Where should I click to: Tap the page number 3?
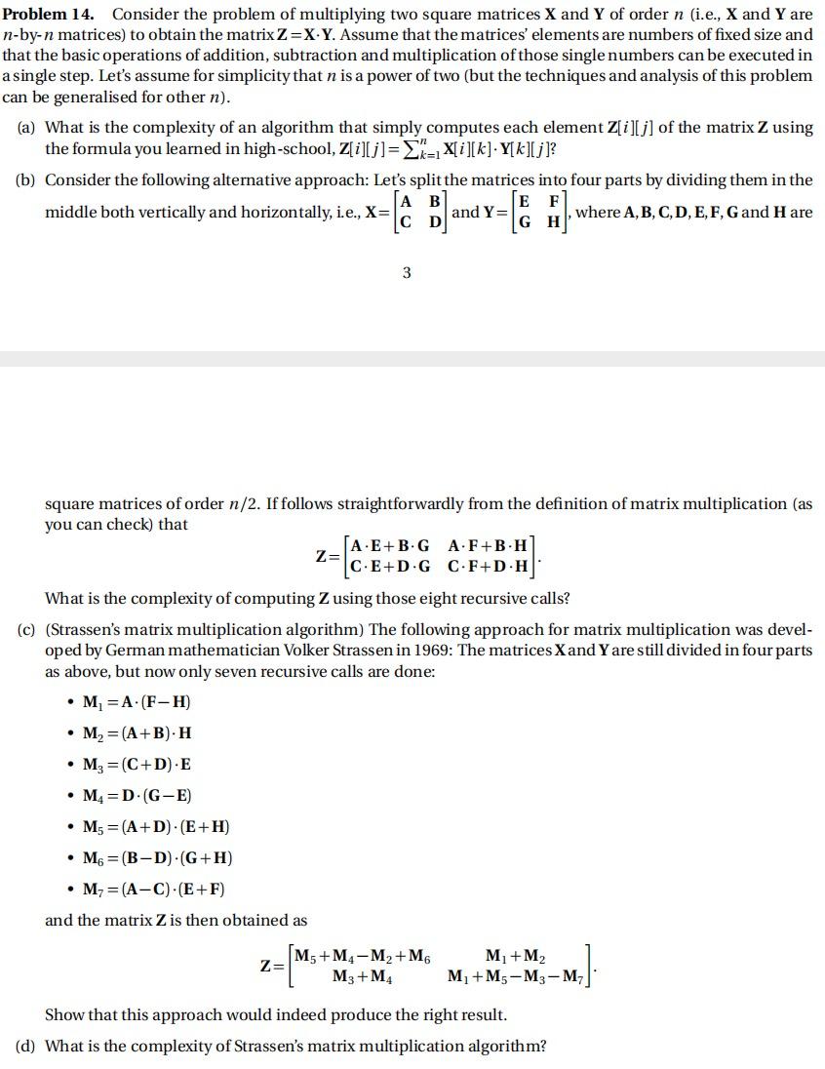tap(407, 273)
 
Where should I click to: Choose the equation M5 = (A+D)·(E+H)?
tap(156, 827)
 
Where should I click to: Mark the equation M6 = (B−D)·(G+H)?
tap(157, 858)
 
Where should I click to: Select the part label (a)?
tap(28, 127)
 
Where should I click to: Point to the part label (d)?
tap(28, 1047)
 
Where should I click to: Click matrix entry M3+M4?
tap(364, 975)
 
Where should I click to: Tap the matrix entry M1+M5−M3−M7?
tap(516, 975)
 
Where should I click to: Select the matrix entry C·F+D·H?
tap(488, 566)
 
